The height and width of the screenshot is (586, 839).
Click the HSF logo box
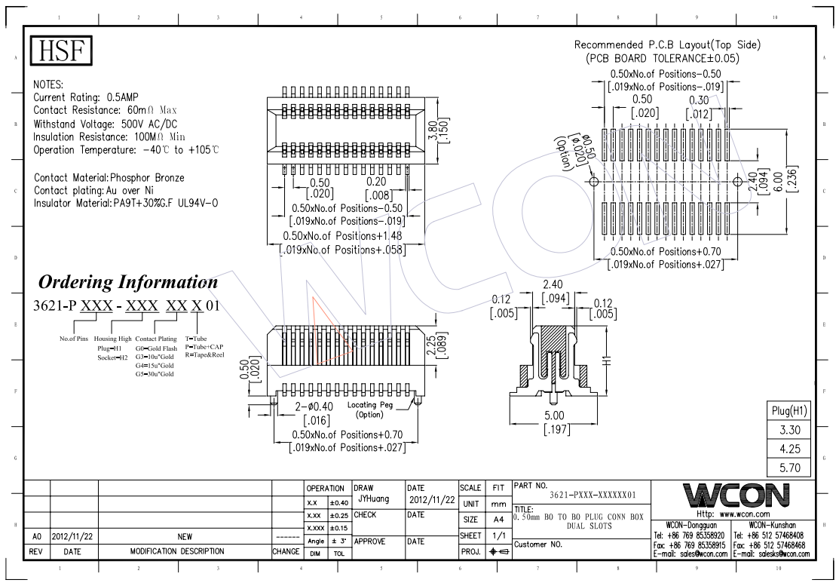pos(60,51)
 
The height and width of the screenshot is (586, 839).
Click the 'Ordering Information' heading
pos(128,282)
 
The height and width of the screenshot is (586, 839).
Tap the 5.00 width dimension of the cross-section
pos(554,416)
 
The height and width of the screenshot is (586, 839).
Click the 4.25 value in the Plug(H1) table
pos(789,449)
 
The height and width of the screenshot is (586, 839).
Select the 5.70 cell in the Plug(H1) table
pos(789,468)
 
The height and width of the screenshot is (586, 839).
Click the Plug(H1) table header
pos(789,410)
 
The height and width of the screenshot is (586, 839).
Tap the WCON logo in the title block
pos(736,495)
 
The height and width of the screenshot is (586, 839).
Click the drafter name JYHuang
pos(372,499)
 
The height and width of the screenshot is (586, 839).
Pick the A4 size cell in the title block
pos(498,520)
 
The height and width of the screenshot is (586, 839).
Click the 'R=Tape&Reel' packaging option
pos(205,354)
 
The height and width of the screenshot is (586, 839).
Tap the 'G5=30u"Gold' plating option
pos(155,373)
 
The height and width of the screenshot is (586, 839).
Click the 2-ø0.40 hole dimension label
pos(314,406)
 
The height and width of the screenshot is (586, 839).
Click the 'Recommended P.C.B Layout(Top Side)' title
pos(667,45)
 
